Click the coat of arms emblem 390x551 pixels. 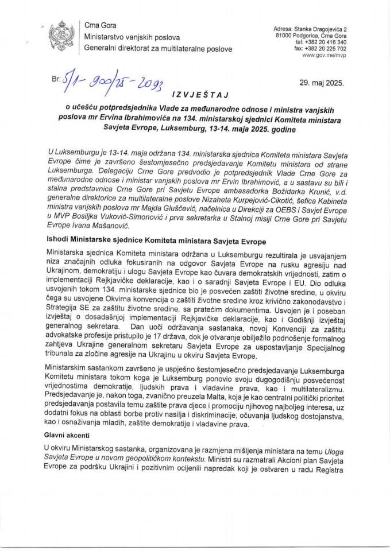pyautogui.click(x=59, y=38)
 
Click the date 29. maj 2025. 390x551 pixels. pyautogui.click(x=321, y=82)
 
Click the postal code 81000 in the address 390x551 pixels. pyautogui.click(x=285, y=36)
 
